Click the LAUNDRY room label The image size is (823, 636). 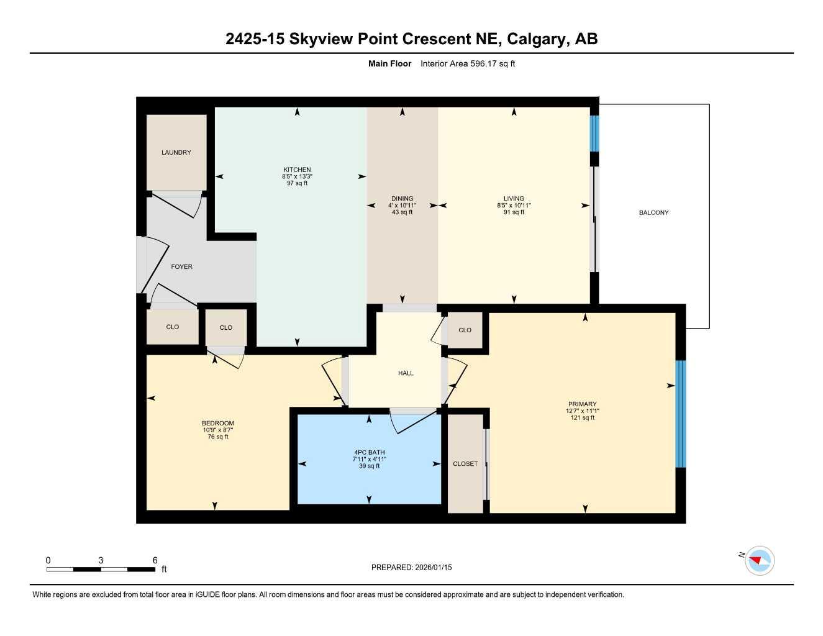coord(176,152)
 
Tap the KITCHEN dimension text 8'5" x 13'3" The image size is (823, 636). coord(297,176)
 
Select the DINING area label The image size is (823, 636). coord(402,199)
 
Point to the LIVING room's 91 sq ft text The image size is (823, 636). coord(514,212)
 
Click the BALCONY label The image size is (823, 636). coord(653,212)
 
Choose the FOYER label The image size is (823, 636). coord(181,266)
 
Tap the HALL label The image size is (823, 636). coord(406,373)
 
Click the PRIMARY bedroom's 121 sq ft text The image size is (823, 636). coord(582,418)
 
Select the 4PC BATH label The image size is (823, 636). coord(369,452)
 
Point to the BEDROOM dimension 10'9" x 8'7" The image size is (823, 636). coord(217,430)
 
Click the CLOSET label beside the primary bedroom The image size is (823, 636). coord(465,464)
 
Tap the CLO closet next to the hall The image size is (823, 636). coord(465,330)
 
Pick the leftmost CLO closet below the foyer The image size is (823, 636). coord(173,327)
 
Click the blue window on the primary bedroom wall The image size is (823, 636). coord(681,414)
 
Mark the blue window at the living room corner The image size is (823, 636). coord(594,133)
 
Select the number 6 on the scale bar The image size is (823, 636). coord(155,560)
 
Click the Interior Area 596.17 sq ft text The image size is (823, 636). coord(468,63)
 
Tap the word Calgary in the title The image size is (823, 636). coord(536,39)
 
